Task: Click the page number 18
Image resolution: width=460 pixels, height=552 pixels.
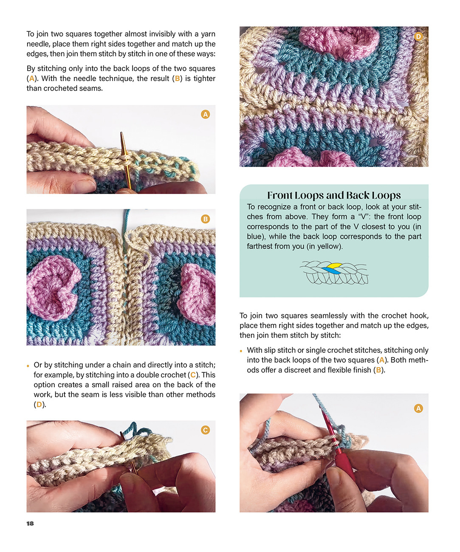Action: tap(30, 523)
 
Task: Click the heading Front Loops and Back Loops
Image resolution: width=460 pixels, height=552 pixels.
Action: tap(334, 195)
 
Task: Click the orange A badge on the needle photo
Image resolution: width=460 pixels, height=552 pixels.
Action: tap(205, 114)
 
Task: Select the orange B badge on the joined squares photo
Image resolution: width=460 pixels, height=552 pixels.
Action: tap(205, 219)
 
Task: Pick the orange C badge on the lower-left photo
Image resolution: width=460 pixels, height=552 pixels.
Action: tap(205, 430)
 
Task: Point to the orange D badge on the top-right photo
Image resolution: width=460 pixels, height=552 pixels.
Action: tap(418, 37)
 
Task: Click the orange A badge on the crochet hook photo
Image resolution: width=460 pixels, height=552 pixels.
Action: tap(418, 408)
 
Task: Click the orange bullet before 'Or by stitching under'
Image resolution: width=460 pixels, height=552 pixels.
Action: tap(28, 366)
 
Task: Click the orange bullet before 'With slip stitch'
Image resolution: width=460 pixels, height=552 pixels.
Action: tap(241, 351)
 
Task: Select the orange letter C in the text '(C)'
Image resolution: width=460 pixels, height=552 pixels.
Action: tap(193, 375)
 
